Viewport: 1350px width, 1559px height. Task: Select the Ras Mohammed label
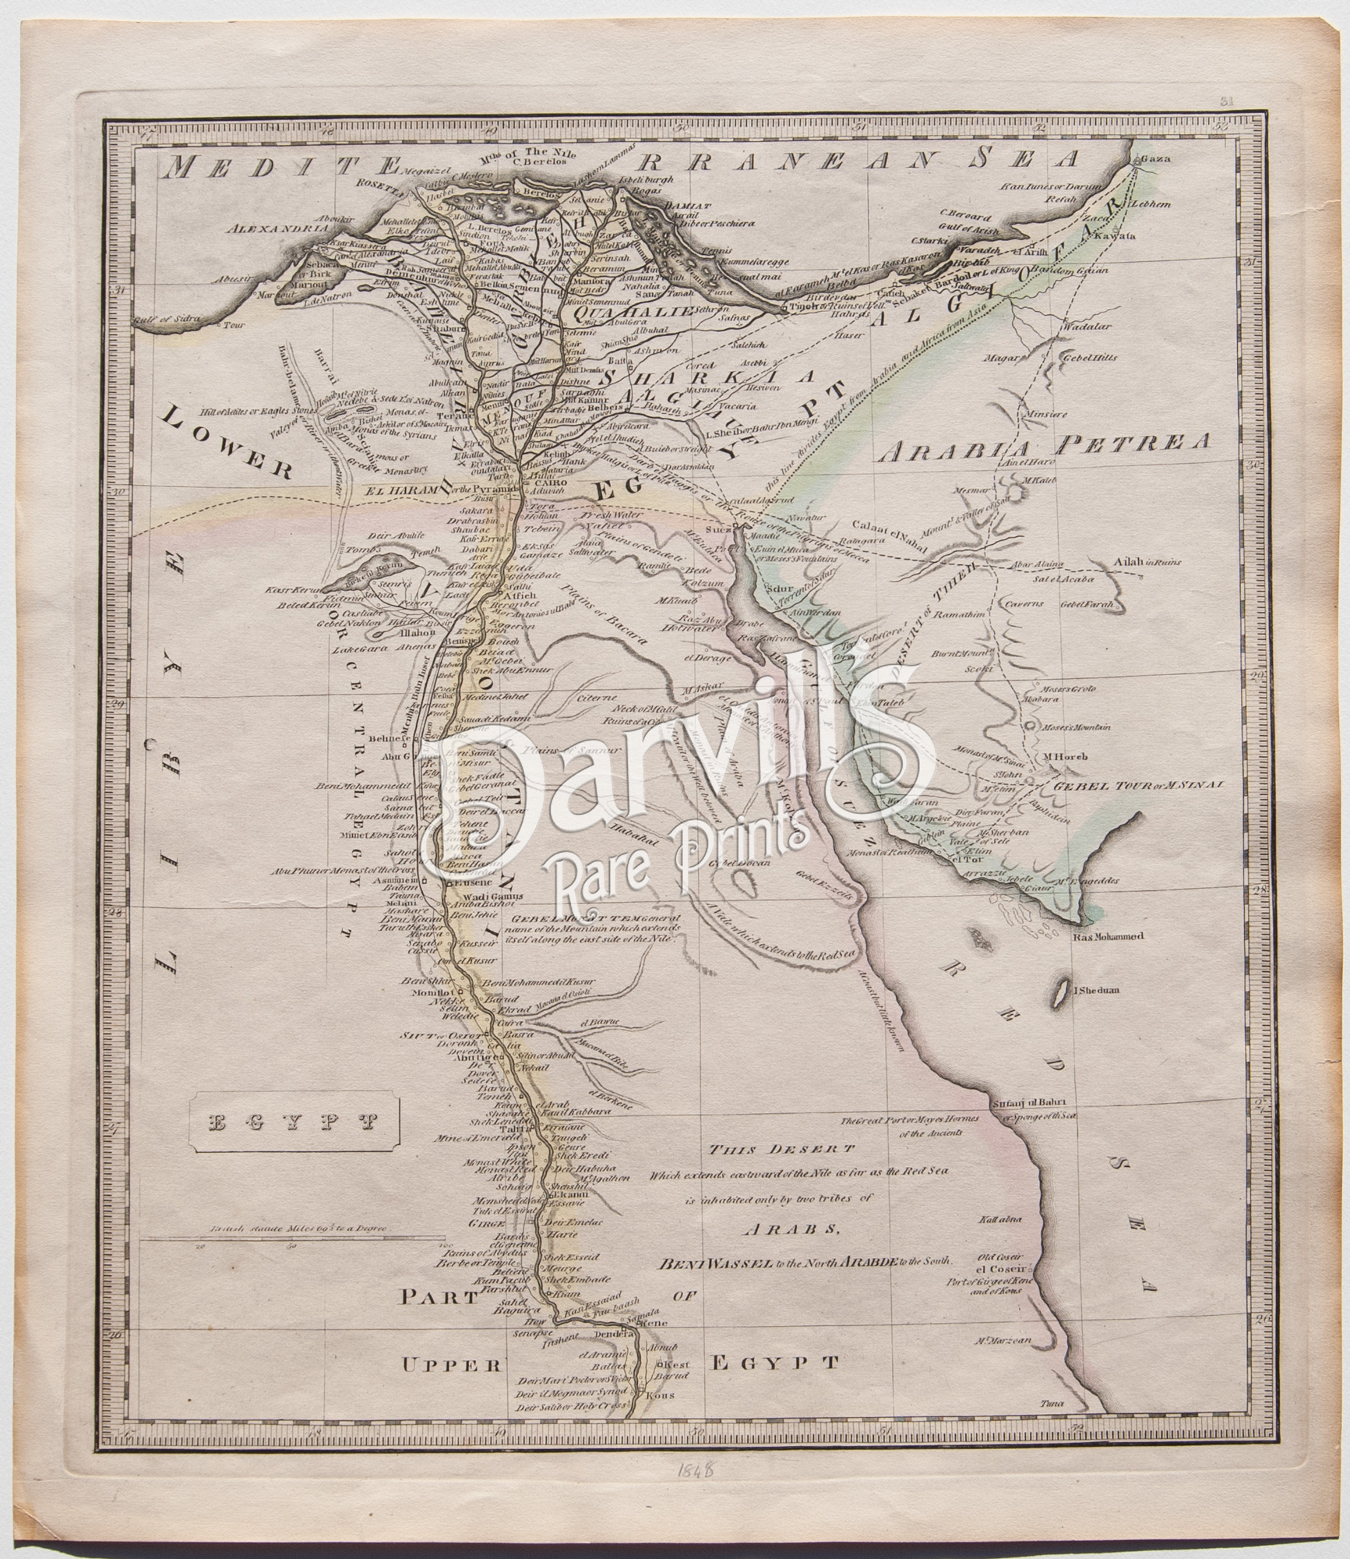[1107, 937]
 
